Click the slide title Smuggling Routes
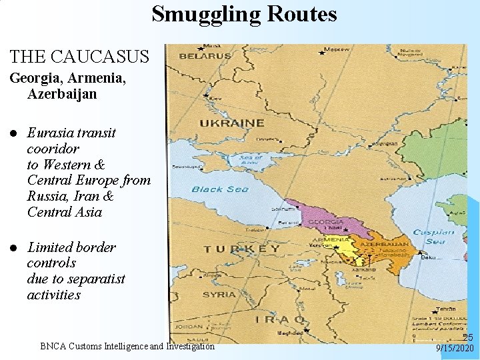point(244,13)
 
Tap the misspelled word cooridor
point(53,148)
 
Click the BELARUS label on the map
point(205,56)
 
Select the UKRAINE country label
point(232,123)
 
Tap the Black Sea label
point(220,189)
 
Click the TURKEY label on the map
point(241,249)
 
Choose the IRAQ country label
point(280,319)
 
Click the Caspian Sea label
point(433,237)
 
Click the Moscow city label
point(336,49)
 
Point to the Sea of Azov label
point(251,159)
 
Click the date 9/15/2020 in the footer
point(455,349)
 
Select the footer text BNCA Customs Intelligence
point(127,346)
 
